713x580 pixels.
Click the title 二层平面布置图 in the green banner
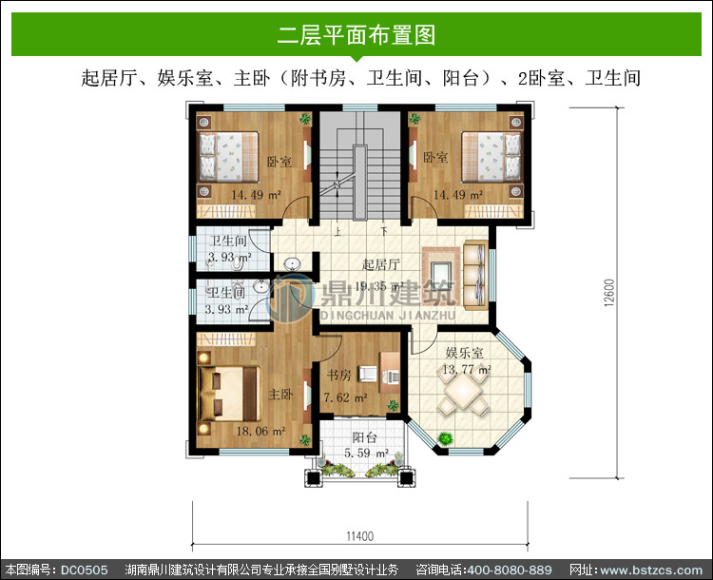356,35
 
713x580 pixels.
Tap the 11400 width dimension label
359,536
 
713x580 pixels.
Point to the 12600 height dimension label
609,293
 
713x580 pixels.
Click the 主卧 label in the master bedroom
280,394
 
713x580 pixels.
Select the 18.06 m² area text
260,431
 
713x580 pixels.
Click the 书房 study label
339,376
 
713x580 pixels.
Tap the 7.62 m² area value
346,397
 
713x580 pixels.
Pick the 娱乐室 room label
464,353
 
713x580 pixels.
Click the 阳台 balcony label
365,437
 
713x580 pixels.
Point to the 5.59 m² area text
367,454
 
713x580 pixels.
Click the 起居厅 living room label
381,264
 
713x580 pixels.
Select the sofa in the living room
475,276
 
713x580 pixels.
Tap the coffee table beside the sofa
441,276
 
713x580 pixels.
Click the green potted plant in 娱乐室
445,438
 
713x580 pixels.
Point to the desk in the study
390,372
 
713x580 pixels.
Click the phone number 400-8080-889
510,570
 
